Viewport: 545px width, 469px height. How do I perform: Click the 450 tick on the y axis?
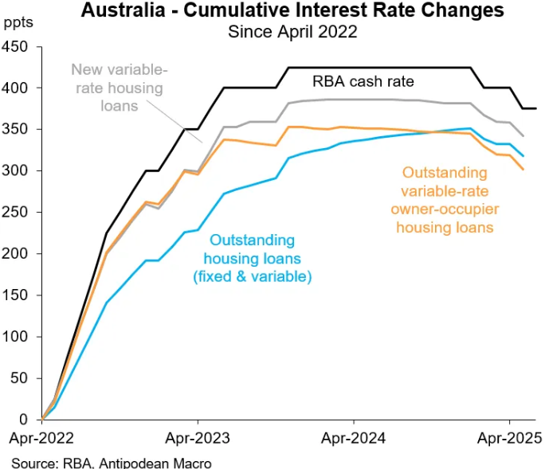pyautogui.click(x=15, y=47)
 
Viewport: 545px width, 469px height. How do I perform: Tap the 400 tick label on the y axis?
pyautogui.click(x=15, y=88)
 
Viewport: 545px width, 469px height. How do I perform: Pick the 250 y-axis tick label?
pyautogui.click(x=15, y=213)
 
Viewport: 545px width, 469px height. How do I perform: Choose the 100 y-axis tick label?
pyautogui.click(x=15, y=337)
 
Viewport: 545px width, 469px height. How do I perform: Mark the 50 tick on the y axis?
pyautogui.click(x=18, y=378)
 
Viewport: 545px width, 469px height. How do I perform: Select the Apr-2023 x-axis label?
pyautogui.click(x=198, y=437)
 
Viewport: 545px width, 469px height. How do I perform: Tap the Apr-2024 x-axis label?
pyautogui.click(x=354, y=437)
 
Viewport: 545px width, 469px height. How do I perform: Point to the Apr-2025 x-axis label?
pyautogui.click(x=510, y=437)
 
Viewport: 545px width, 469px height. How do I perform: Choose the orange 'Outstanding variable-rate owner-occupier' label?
pyautogui.click(x=445, y=199)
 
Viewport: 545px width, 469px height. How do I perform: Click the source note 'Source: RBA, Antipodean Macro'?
pyautogui.click(x=112, y=462)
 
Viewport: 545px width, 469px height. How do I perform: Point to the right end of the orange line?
pyautogui.click(x=523, y=169)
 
